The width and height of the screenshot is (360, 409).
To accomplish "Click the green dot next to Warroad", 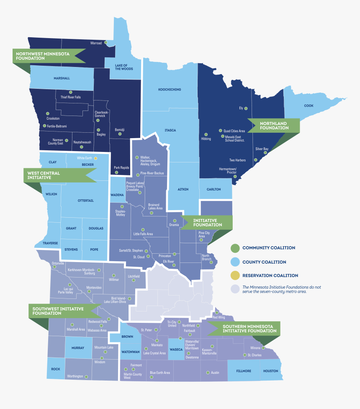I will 106,43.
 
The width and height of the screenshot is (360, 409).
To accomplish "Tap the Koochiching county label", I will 170,90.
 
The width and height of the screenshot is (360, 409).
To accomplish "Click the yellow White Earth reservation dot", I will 95,158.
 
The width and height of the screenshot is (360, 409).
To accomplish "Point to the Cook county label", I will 309,105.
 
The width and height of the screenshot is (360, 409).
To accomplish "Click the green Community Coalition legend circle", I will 235,248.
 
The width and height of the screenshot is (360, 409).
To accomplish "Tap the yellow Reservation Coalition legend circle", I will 235,275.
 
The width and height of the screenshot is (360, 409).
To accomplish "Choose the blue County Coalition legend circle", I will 235,262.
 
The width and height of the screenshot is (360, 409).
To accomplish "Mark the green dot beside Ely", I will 246,108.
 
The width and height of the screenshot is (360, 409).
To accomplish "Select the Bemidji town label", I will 120,130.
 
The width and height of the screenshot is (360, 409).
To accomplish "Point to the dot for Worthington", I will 86,377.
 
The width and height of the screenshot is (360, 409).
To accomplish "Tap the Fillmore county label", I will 244,371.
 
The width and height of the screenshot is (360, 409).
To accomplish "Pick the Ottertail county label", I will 86,201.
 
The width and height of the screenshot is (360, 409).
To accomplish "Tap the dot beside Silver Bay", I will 265,153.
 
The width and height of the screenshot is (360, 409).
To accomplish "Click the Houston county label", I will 271,371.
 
